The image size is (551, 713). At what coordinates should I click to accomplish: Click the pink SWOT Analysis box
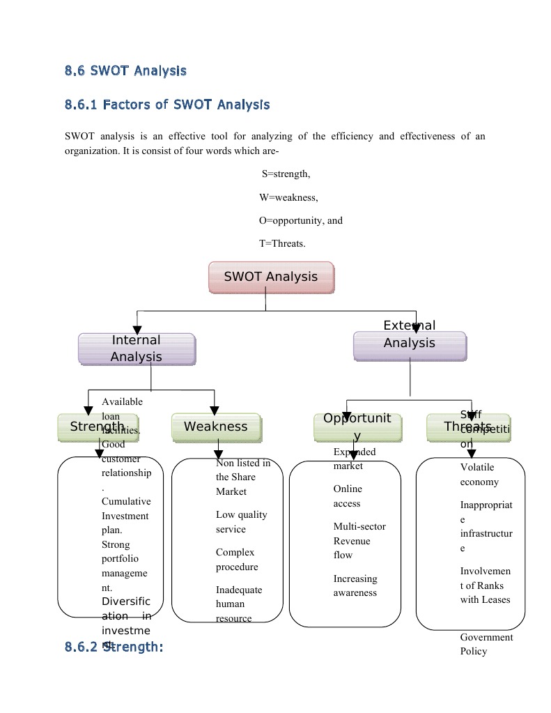point(271,277)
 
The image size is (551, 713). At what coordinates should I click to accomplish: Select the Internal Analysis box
point(137,348)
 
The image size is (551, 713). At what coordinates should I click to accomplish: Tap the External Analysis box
point(410,345)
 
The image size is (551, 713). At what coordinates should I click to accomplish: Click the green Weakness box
point(216,427)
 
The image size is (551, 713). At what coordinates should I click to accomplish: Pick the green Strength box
point(98,427)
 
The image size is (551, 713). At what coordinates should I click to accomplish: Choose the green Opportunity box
point(357,427)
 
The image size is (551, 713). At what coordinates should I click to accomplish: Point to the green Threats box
point(467,427)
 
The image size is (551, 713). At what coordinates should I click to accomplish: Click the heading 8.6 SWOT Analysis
point(125,70)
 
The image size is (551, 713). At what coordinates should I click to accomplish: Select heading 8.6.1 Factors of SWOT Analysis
point(167,105)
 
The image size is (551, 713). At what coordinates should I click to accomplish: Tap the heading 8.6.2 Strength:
point(114,647)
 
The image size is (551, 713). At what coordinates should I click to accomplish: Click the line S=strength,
point(286,174)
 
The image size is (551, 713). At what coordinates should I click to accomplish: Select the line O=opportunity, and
point(301,220)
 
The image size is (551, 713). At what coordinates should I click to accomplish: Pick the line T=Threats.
point(282,243)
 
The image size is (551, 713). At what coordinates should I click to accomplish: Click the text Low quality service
point(241,522)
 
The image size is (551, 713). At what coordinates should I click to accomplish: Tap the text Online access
point(347,496)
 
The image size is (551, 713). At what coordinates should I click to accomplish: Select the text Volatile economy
point(479,475)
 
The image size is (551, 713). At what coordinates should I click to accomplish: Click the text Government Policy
point(486,644)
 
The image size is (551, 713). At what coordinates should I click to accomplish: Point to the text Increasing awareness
point(355,585)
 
